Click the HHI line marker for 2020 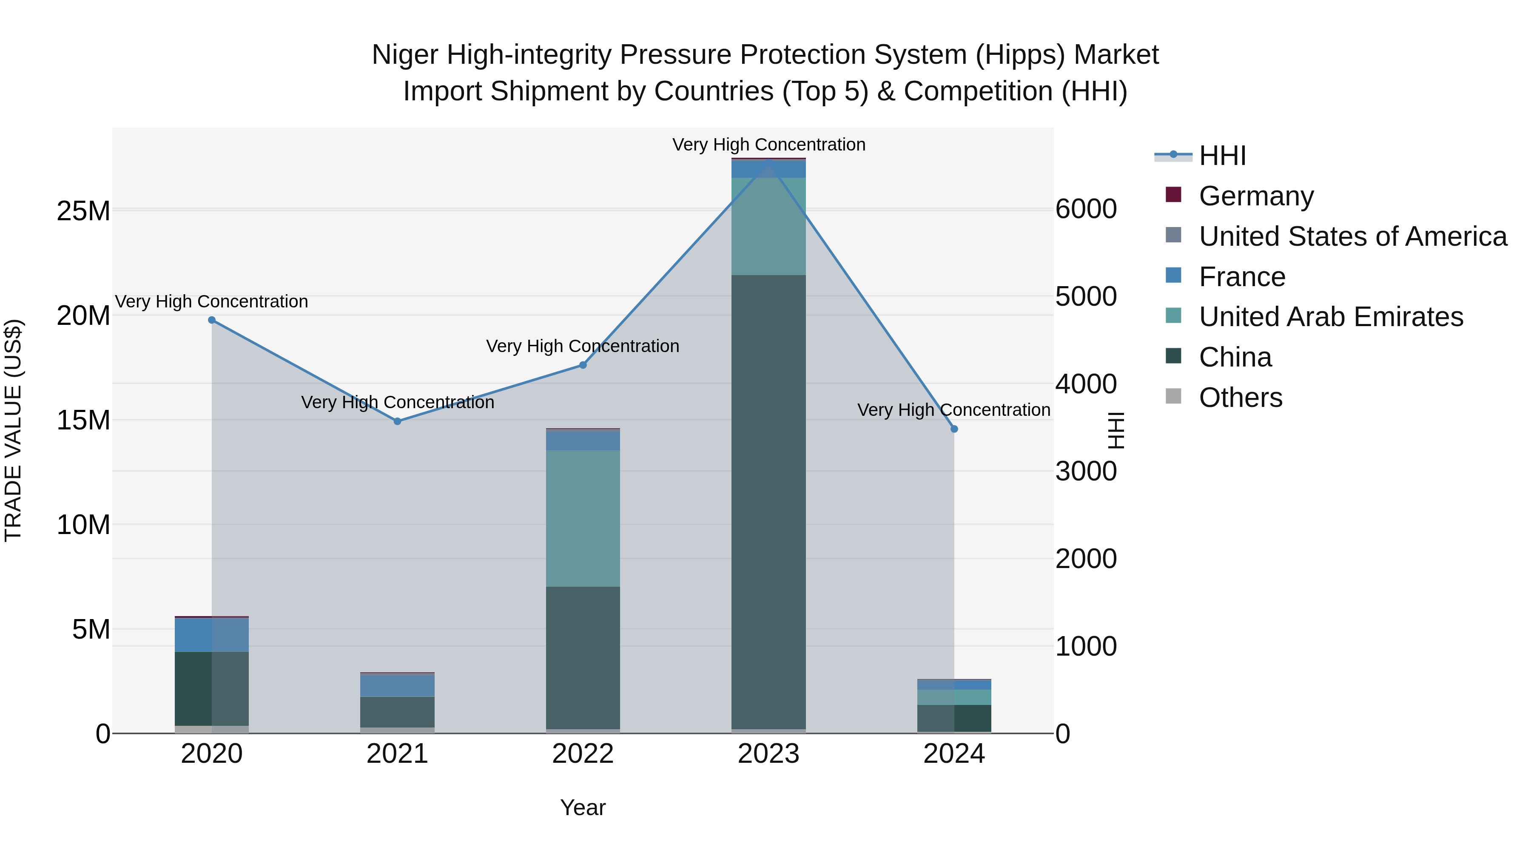point(212,320)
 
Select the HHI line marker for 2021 point(398,421)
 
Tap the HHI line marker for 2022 point(583,365)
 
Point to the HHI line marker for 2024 point(954,429)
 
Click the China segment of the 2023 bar point(768,502)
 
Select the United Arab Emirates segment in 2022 point(583,518)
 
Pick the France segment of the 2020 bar point(212,635)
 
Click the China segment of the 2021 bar point(398,712)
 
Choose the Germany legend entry point(1256,196)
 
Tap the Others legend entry point(1241,398)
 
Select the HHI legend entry point(1222,156)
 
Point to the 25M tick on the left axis point(83,211)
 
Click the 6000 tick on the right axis point(1086,209)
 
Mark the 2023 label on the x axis point(768,754)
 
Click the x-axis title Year point(583,807)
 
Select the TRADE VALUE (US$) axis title point(13,430)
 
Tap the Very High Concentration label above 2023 point(768,145)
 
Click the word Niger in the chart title point(405,55)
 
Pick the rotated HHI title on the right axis point(1117,430)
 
